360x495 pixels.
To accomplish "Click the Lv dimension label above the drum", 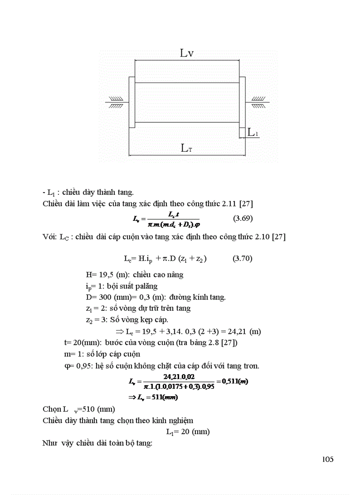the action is point(187,53).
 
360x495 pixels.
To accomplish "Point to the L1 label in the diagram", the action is point(253,132).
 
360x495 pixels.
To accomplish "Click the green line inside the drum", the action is point(187,82).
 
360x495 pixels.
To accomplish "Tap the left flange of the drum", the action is point(131,102).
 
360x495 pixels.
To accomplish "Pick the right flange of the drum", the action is point(242,102).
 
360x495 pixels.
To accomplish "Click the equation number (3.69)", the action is point(242,218).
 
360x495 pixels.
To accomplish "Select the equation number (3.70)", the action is point(242,258).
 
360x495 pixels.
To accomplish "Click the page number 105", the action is point(328,459).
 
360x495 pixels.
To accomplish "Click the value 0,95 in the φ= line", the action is point(81,365).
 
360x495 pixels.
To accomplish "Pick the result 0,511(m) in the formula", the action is point(235,381).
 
